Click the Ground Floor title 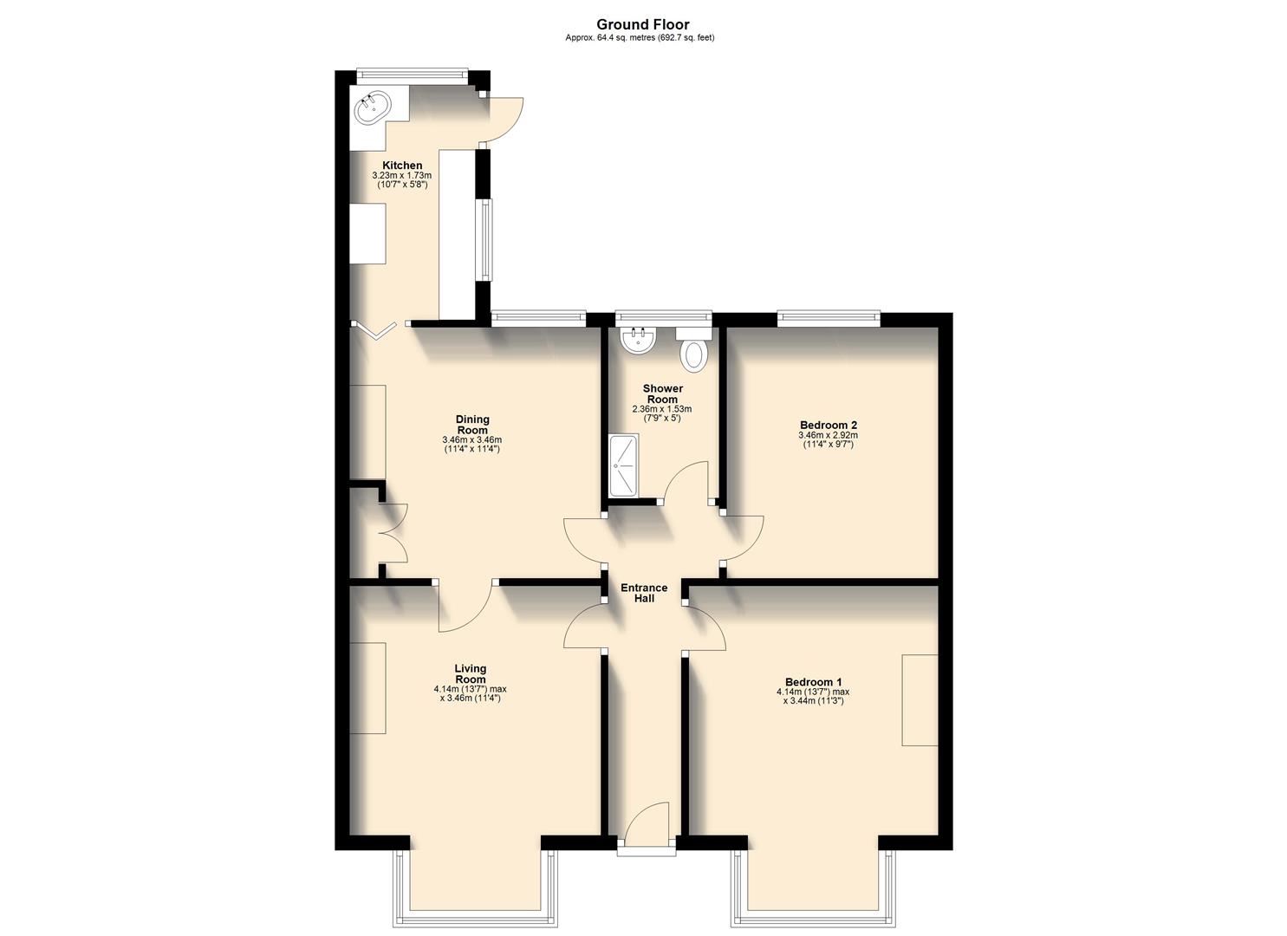(642, 25)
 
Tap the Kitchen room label (402, 166)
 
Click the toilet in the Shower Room (694, 353)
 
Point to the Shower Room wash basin (639, 339)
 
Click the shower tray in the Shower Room (623, 465)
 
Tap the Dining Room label (472, 425)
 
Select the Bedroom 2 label (828, 425)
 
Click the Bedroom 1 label (813, 682)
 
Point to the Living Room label (471, 673)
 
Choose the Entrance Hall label (644, 593)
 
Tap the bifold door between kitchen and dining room (375, 329)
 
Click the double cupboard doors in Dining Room (394, 533)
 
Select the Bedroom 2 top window (829, 319)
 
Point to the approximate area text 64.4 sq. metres (640, 37)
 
